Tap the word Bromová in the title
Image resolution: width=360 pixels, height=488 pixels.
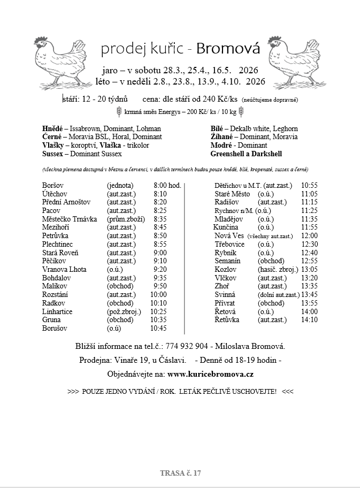[228, 49]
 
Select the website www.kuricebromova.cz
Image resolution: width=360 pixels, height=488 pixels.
[211, 373]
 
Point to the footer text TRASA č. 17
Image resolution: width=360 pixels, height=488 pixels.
[180, 473]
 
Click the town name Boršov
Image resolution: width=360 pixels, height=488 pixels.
[52, 186]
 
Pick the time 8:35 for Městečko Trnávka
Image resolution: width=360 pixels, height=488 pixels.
[160, 219]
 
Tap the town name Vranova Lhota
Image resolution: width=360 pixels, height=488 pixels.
[64, 269]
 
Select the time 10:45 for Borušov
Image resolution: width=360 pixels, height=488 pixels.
[159, 328]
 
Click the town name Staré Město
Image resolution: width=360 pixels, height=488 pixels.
[232, 194]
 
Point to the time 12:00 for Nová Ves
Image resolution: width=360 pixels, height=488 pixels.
[309, 235]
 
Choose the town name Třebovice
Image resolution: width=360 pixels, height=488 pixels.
[229, 244]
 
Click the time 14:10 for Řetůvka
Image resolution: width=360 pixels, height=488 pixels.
[309, 319]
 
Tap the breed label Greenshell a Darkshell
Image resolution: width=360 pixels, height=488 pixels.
[246, 154]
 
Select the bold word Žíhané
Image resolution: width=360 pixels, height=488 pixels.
[223, 137]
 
